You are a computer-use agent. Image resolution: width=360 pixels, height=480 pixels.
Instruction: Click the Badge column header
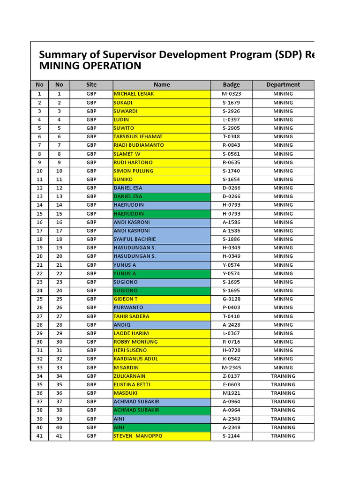[x=231, y=85]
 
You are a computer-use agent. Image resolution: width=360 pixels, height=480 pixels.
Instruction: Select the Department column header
[x=283, y=85]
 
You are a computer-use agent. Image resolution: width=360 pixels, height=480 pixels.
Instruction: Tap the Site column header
[x=91, y=85]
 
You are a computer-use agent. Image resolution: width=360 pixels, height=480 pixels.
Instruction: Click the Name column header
[x=162, y=85]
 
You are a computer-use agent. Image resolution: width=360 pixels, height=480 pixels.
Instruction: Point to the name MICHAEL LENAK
[x=134, y=94]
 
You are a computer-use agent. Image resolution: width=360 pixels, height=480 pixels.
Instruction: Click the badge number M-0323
[x=231, y=94]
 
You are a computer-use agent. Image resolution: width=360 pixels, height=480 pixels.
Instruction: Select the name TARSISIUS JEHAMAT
[x=138, y=136]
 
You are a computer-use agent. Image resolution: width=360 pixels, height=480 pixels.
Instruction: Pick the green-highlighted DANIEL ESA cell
[x=128, y=196]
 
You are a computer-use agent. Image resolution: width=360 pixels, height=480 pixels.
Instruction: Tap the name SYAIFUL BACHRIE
[x=135, y=239]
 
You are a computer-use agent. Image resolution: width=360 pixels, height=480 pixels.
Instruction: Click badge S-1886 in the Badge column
[x=231, y=239]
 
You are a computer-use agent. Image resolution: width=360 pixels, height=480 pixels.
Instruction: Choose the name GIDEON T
[x=126, y=299]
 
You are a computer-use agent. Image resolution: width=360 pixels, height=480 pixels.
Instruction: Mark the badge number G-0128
[x=231, y=299]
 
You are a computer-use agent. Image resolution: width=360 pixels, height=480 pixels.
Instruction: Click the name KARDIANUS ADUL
[x=136, y=359]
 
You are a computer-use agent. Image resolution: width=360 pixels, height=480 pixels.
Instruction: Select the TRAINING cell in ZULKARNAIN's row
[x=283, y=376]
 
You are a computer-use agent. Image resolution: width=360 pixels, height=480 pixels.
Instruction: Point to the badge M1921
[x=231, y=393]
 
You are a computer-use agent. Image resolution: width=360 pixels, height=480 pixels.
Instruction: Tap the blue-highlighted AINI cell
[x=119, y=419]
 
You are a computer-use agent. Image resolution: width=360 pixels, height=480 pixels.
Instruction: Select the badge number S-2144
[x=231, y=436]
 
